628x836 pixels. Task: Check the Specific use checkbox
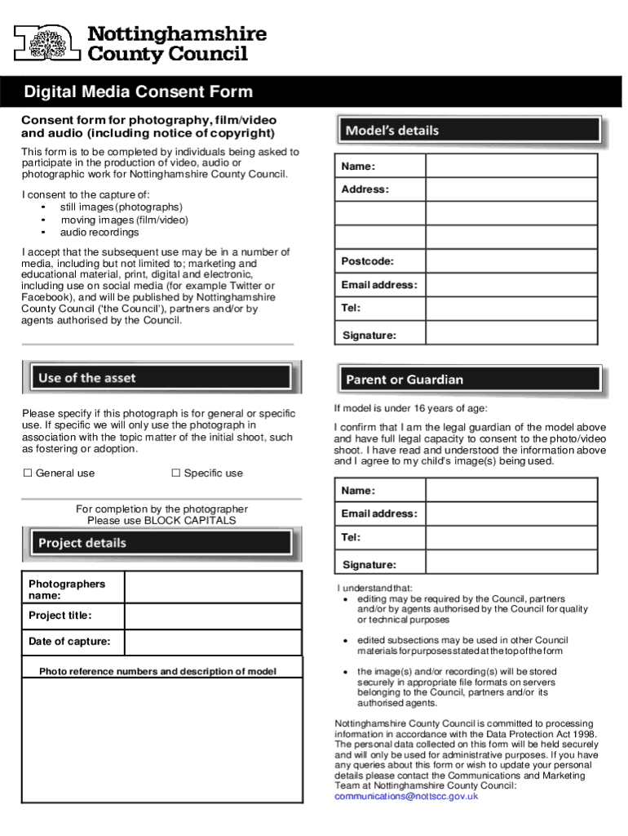[x=175, y=474]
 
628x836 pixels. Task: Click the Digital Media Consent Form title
[x=138, y=92]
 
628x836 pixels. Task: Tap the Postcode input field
[x=511, y=261]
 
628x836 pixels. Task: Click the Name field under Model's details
[x=511, y=167]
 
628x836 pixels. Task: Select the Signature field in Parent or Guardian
[x=511, y=565]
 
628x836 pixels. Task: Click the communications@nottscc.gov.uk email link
[x=406, y=796]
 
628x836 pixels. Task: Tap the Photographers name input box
[x=213, y=589]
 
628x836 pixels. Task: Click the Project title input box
[x=213, y=616]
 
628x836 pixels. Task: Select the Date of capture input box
[x=213, y=642]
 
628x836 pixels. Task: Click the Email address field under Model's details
[x=511, y=285]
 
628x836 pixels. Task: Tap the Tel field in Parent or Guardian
[x=511, y=537]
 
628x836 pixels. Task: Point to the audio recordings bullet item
[x=99, y=233]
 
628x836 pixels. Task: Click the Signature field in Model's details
[x=511, y=336]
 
